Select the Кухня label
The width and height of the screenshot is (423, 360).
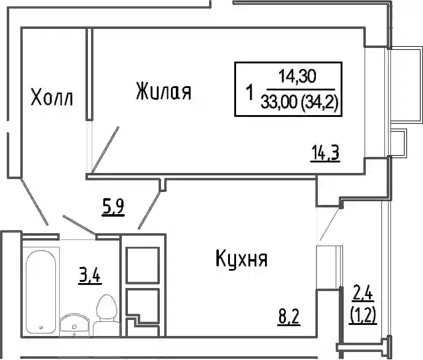(x=242, y=258)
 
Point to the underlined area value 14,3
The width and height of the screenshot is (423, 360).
(x=325, y=153)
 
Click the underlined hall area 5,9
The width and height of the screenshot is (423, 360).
(x=113, y=207)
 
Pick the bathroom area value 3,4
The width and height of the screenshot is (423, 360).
(x=90, y=275)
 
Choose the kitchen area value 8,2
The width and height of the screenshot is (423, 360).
(x=289, y=316)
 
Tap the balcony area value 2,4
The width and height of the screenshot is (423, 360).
(x=363, y=294)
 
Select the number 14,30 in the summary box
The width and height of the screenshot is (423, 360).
(x=298, y=76)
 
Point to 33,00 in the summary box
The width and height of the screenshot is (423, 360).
(x=279, y=102)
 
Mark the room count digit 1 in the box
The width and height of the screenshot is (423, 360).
(x=250, y=92)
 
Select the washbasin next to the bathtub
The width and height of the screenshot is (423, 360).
(x=75, y=325)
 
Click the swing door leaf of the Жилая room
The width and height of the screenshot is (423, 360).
(x=105, y=150)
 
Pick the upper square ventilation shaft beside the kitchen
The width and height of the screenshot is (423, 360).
(x=143, y=265)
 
